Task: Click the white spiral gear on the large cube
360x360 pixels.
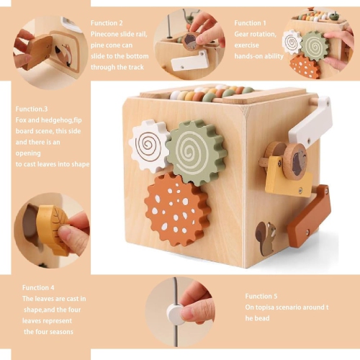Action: click(149, 145)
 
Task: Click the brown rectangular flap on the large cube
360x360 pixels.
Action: click(307, 217)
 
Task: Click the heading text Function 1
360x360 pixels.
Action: click(250, 23)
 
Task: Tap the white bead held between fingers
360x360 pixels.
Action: click(174, 312)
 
